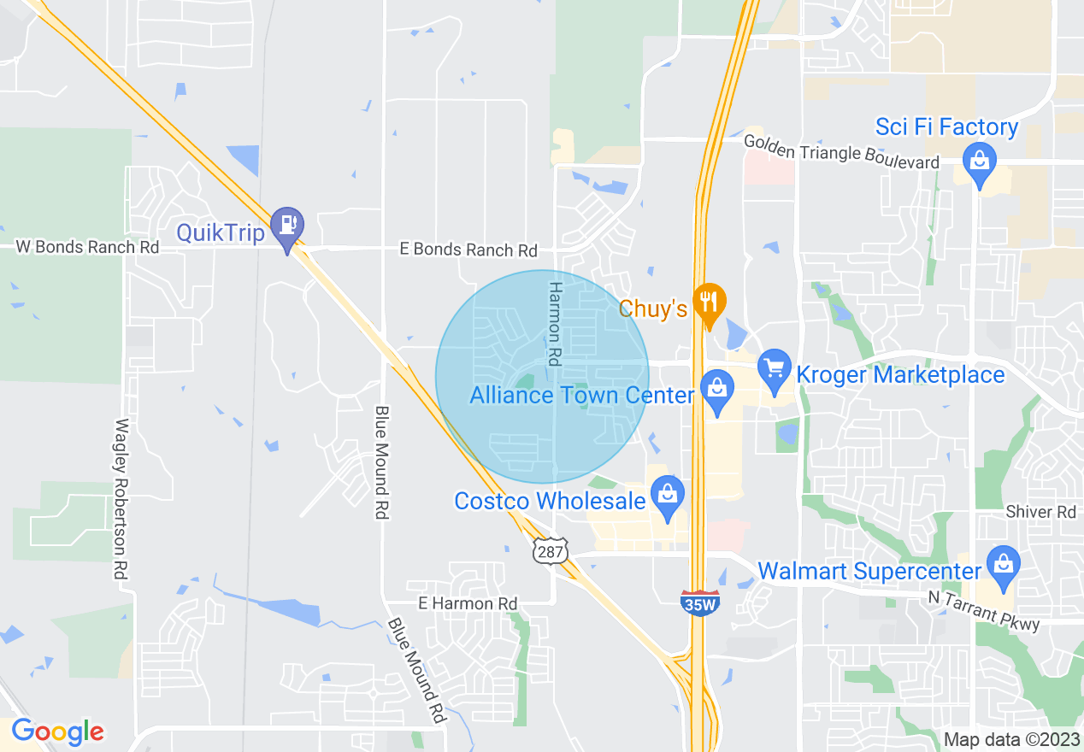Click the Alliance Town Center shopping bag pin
pos(716,390)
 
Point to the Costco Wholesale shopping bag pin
pos(667,495)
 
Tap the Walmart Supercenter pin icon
pos(1002,566)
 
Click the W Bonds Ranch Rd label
pos(88,247)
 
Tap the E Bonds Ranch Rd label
pos(468,250)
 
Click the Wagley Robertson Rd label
pos(122,500)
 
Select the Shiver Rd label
pos(1040,512)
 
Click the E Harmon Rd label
pos(468,603)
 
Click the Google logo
pos(57,731)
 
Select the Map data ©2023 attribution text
pos(1010,739)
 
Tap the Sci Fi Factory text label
pos(946,127)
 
